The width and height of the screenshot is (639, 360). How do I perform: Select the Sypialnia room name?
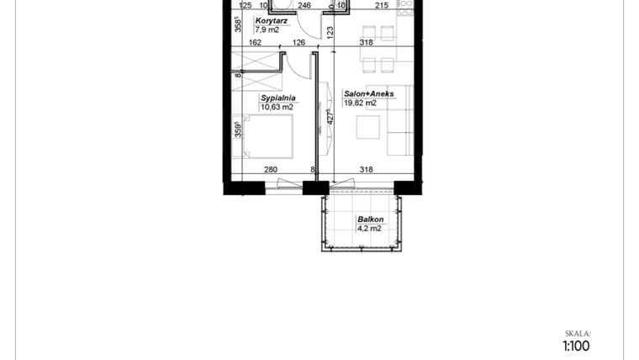pos(276,98)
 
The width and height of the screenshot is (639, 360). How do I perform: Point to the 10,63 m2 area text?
pos(277,108)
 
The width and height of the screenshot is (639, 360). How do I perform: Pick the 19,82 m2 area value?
pos(360,103)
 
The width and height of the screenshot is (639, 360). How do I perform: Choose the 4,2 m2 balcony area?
pos(369,228)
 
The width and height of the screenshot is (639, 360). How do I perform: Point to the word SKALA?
pos(578,332)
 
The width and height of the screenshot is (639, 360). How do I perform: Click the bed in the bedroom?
pos(268,137)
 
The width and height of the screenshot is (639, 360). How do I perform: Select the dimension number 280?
pos(271,170)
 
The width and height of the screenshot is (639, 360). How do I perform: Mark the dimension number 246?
pos(304,6)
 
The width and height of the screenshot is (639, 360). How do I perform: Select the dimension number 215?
pos(381,6)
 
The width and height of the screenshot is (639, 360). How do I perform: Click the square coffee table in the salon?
pos(368,127)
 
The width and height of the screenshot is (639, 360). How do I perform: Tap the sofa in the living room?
pos(399,119)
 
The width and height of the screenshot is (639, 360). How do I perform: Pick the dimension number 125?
pos(246,6)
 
